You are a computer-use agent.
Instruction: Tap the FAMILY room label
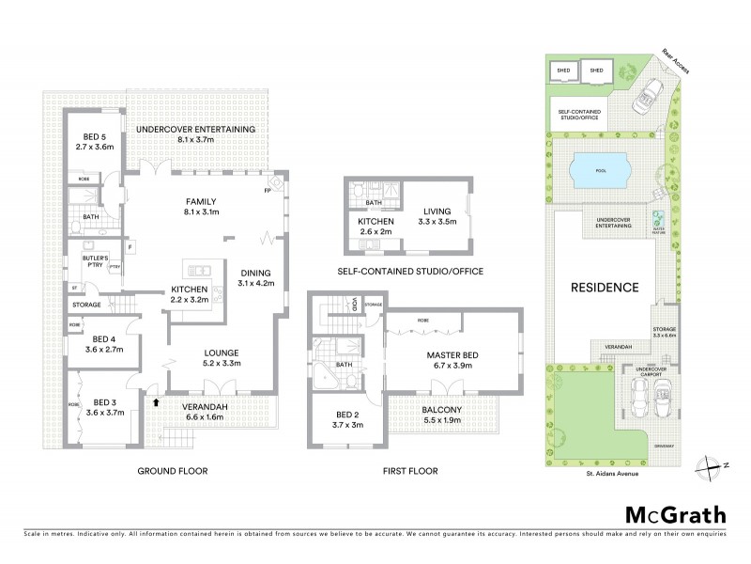tap(201, 201)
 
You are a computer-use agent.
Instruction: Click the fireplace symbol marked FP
tap(269, 192)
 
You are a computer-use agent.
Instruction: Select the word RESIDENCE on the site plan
tap(603, 287)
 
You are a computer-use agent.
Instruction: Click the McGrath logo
tap(675, 514)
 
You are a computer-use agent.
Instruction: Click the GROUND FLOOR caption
tap(172, 470)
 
